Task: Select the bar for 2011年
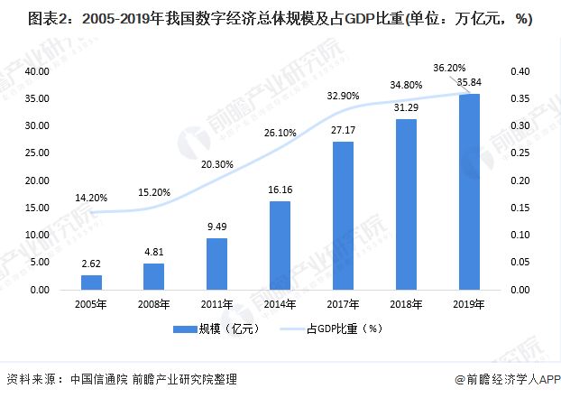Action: click(x=217, y=264)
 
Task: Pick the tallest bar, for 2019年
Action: click(x=469, y=191)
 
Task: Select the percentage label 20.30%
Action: click(x=217, y=164)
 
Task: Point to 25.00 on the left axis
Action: click(x=37, y=153)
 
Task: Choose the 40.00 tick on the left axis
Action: click(x=37, y=71)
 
